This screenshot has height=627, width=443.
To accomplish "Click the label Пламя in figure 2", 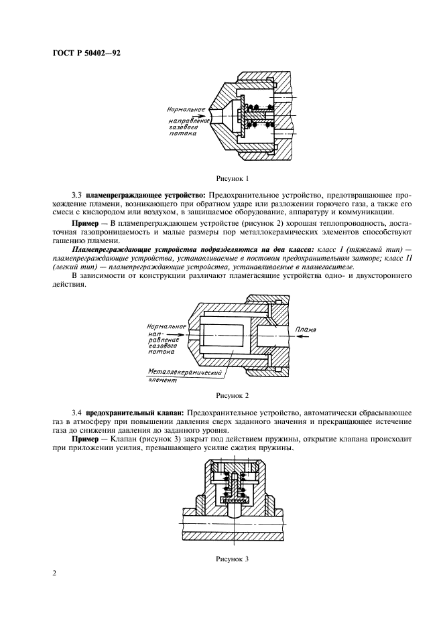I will (304, 330).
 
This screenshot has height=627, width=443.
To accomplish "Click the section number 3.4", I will (77, 413).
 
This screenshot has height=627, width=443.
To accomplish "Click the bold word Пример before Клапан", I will (85, 438).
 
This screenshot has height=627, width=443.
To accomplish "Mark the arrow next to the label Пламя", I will (303, 338).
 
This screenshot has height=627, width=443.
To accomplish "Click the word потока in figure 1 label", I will (183, 133).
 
